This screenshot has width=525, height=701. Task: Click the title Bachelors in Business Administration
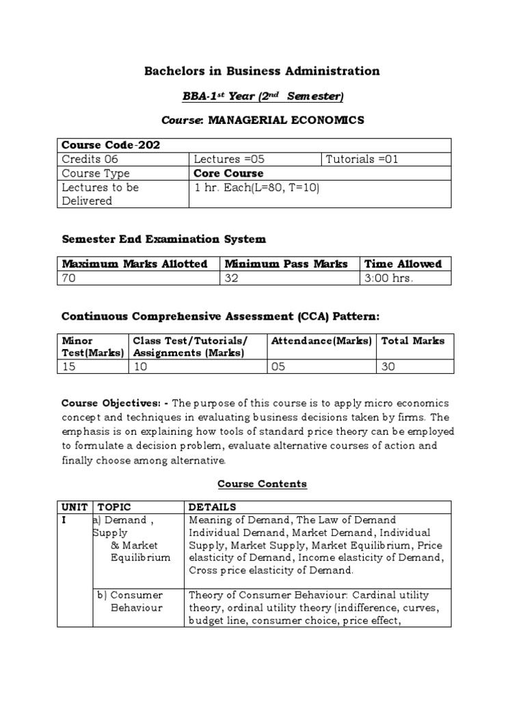click(x=262, y=71)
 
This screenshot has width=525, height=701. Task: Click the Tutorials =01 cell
click(x=362, y=160)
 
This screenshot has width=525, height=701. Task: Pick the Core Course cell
click(x=228, y=173)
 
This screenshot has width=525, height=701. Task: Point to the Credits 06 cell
click(x=90, y=160)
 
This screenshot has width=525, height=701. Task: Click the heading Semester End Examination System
click(x=163, y=240)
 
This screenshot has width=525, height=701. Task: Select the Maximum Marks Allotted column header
click(x=135, y=264)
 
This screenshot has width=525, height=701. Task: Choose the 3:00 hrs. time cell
click(x=388, y=278)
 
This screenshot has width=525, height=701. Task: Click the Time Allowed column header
click(x=403, y=264)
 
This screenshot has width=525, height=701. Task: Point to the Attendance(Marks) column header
click(x=321, y=340)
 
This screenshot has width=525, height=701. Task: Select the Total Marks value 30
click(x=388, y=367)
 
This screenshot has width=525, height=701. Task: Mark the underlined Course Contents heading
click(x=262, y=484)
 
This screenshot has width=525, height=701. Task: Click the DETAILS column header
click(x=212, y=507)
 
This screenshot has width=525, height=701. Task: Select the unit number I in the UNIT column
click(x=64, y=520)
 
